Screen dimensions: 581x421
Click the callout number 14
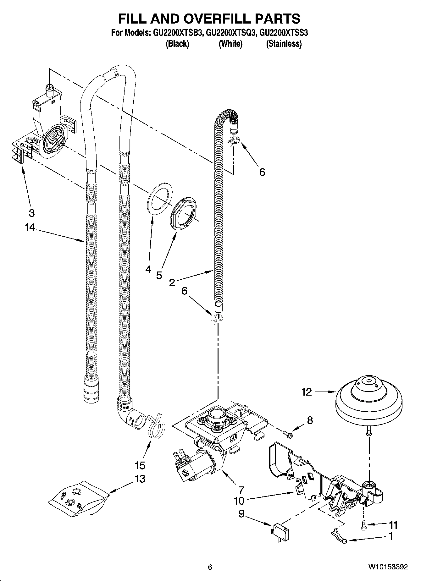pos(30,227)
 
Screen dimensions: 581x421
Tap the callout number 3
pos(31,213)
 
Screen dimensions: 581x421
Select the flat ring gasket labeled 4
pos(160,199)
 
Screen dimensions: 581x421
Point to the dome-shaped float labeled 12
pos(368,403)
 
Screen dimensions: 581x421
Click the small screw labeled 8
pos(287,434)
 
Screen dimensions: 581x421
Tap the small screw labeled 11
pos(364,525)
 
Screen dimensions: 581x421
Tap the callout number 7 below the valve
pos(241,490)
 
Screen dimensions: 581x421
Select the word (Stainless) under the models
pos(284,44)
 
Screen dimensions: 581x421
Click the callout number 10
pos(239,500)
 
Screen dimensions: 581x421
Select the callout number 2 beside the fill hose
pos(172,282)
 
